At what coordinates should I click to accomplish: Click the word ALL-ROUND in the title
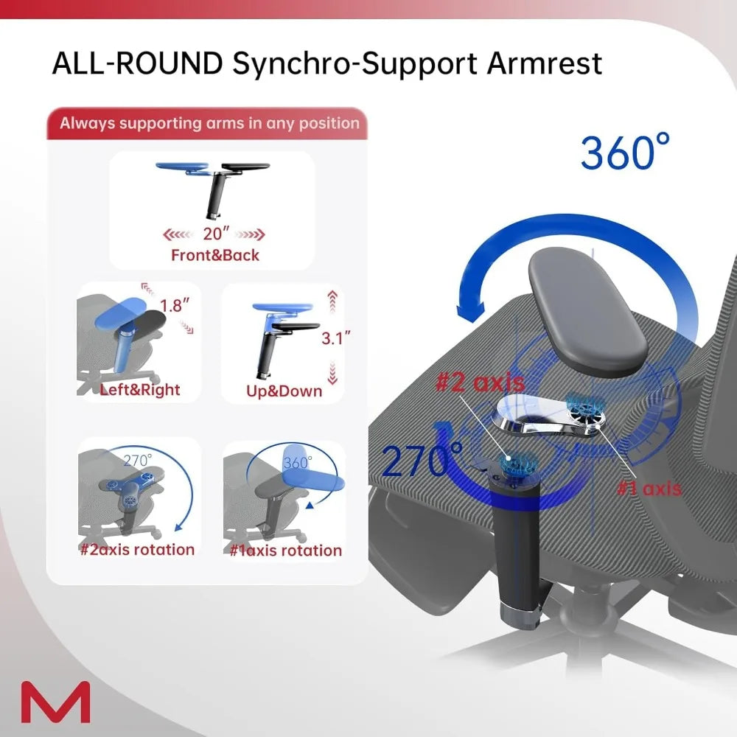(137, 63)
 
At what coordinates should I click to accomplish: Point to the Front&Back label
(215, 256)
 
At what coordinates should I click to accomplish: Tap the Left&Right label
(140, 389)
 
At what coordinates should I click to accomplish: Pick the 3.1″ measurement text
(335, 338)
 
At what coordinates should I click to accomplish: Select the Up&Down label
(284, 390)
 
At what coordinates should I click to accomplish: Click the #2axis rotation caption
(137, 550)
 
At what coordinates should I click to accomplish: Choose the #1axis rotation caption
(284, 550)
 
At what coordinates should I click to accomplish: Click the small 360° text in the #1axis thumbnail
(298, 464)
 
